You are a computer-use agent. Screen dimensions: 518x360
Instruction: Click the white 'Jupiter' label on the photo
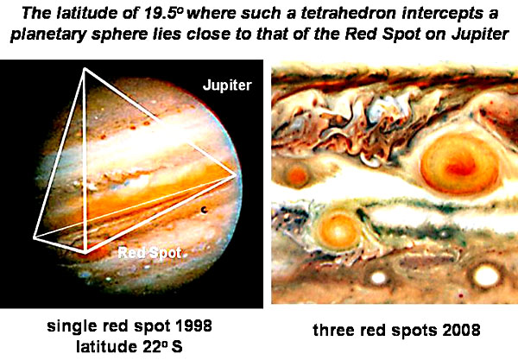coord(227,85)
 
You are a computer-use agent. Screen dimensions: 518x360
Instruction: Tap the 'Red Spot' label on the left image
coord(149,253)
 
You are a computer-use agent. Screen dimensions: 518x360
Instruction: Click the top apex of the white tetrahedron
coord(85,69)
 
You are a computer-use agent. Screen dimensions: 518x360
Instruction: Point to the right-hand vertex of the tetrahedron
coord(236,175)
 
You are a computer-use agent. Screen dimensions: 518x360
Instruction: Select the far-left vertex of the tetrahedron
coord(35,237)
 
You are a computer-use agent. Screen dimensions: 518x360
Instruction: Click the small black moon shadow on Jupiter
coord(205,210)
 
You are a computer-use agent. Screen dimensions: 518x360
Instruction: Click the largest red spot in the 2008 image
coord(459,163)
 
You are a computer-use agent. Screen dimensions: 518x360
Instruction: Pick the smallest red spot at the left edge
coord(297,175)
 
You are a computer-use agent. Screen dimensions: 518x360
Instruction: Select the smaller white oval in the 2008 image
coord(378,277)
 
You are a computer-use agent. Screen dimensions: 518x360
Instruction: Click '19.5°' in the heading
coord(162,13)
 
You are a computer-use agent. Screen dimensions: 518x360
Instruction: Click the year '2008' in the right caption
coord(461,330)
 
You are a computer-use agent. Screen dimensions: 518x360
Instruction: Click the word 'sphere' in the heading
coord(118,35)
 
